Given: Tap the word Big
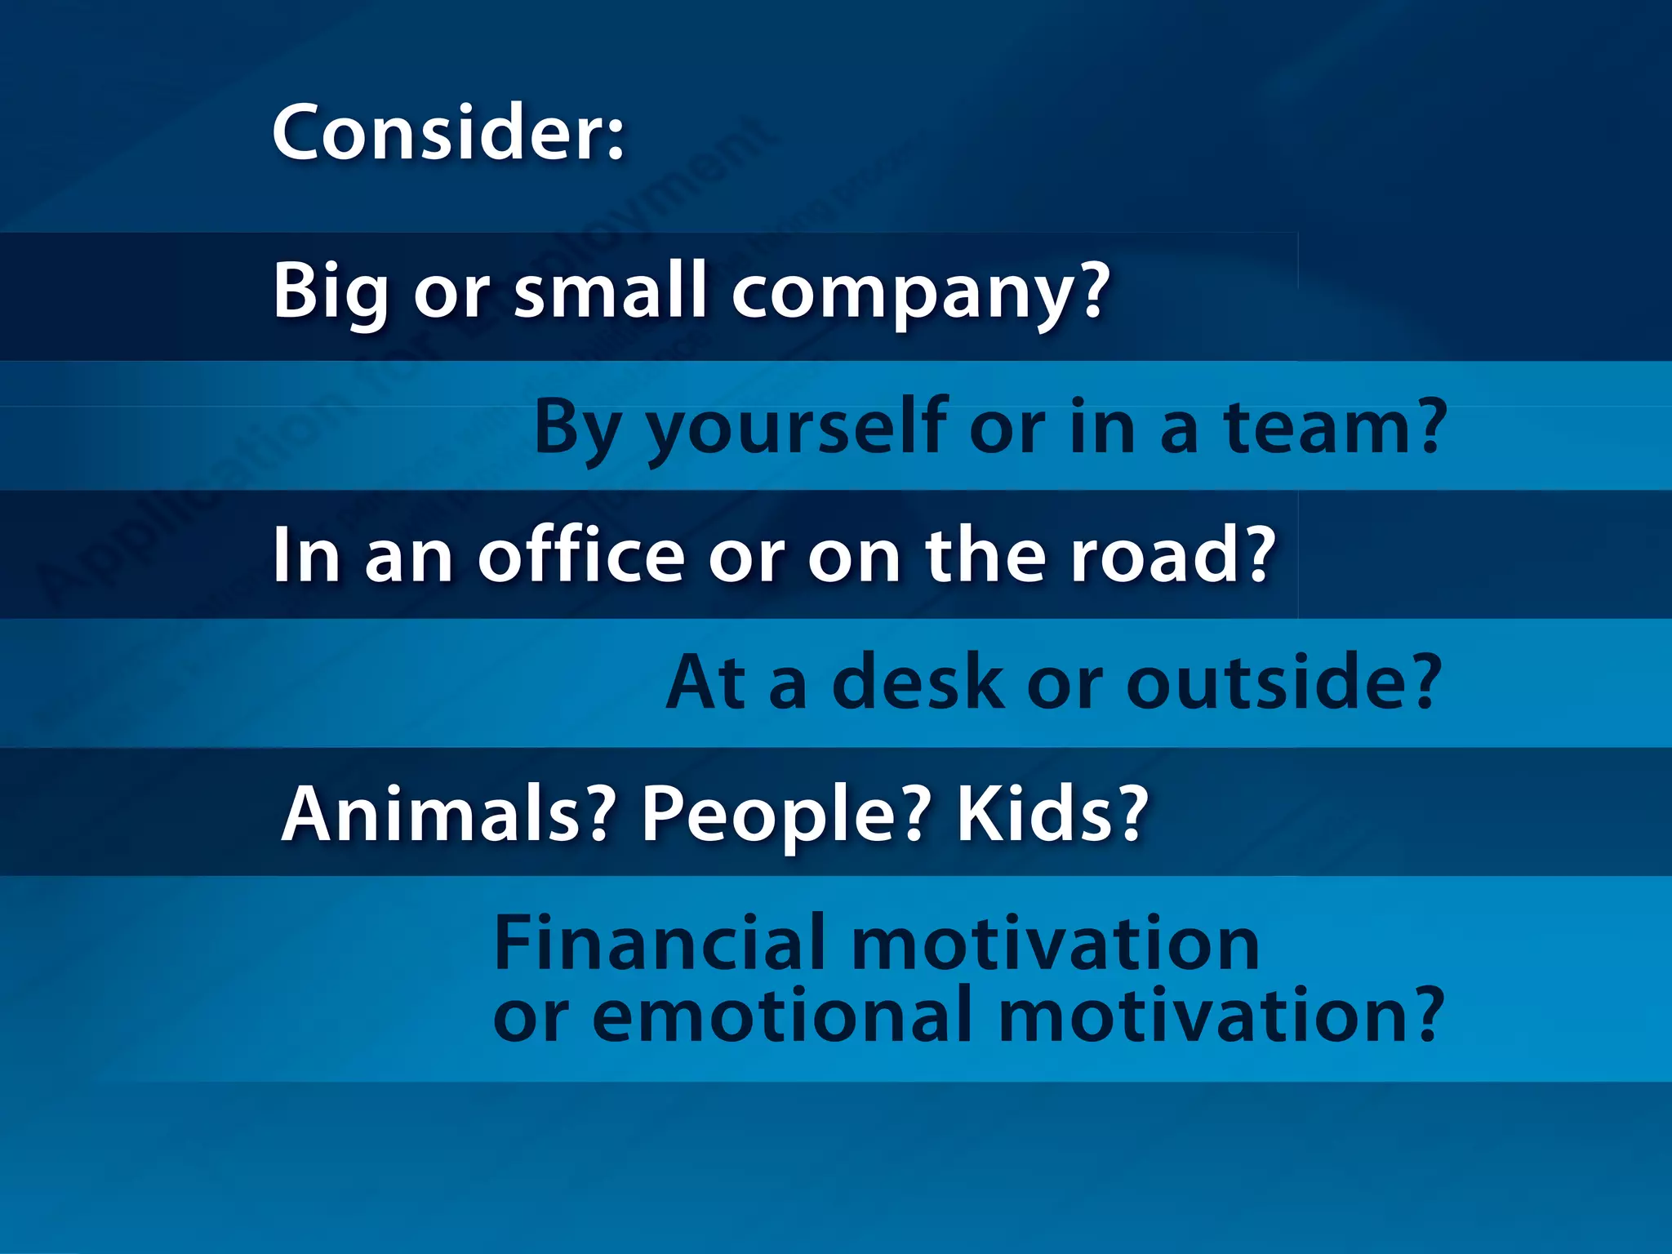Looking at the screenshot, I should coord(330,292).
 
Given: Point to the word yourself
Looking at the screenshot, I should coord(795,428).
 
